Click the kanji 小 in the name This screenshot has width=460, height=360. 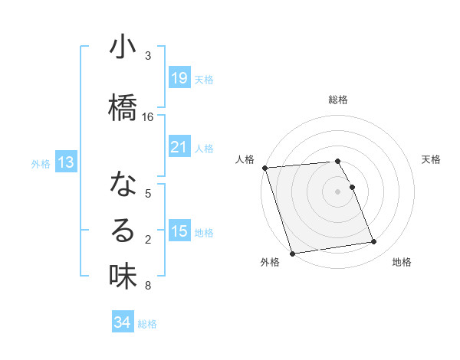coord(123,47)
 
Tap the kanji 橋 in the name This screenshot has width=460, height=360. coord(123,108)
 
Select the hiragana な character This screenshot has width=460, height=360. coord(123,185)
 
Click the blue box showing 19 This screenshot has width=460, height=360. coord(179,78)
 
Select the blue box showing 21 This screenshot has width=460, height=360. coord(179,146)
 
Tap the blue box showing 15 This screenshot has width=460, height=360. coord(179,231)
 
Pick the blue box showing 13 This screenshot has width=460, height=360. coord(66,162)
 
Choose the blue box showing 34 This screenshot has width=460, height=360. coord(122,322)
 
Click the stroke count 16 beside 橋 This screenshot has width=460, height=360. coord(148,117)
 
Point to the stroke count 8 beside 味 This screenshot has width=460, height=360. coord(147,286)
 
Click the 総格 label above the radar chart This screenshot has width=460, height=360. coord(338,100)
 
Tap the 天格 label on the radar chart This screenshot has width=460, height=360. coord(432,159)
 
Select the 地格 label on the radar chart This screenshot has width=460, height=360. coord(402,262)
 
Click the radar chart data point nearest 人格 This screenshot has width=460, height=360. coord(264,168)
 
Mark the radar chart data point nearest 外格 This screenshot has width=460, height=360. coord(292,253)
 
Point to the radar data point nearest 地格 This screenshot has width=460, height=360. coord(373,242)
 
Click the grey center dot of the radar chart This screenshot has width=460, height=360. coord(338,191)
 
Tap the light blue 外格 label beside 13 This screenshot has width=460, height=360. coord(41,163)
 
